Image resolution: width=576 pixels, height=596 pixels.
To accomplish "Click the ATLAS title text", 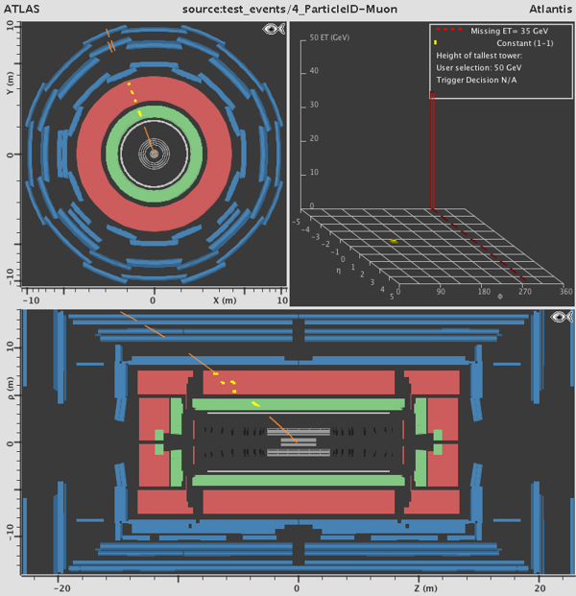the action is point(22,9).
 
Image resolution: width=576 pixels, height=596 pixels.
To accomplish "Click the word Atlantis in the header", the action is point(550,9).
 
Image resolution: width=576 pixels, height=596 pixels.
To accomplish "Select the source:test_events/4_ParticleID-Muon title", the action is point(290,10).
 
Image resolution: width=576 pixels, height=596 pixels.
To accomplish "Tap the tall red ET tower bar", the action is point(432,150).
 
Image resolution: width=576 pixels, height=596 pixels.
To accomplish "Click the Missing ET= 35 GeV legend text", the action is point(510,31).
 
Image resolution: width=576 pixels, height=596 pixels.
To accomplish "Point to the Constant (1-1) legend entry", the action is point(525,43).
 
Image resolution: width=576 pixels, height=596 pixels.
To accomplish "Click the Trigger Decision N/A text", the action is point(476,80).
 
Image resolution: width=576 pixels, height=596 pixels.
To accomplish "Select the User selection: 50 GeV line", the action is point(479,67).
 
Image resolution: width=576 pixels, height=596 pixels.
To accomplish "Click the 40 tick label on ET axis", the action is point(314,71).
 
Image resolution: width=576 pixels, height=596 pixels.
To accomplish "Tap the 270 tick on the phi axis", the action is point(525,292).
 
